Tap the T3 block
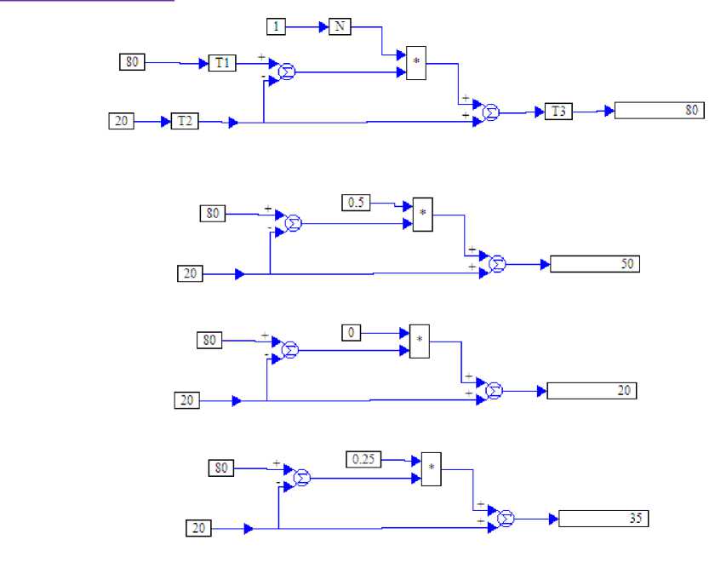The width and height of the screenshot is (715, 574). (x=559, y=112)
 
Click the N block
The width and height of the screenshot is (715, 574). (x=340, y=27)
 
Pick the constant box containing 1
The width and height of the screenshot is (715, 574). (x=276, y=27)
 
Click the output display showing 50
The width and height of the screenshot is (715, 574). (x=594, y=264)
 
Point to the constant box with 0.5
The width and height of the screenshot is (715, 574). (x=356, y=204)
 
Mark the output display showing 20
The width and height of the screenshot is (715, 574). (x=592, y=391)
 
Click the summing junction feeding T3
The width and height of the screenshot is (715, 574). (x=490, y=112)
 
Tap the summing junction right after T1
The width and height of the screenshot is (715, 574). (x=288, y=73)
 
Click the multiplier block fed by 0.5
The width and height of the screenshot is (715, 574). (x=422, y=215)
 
